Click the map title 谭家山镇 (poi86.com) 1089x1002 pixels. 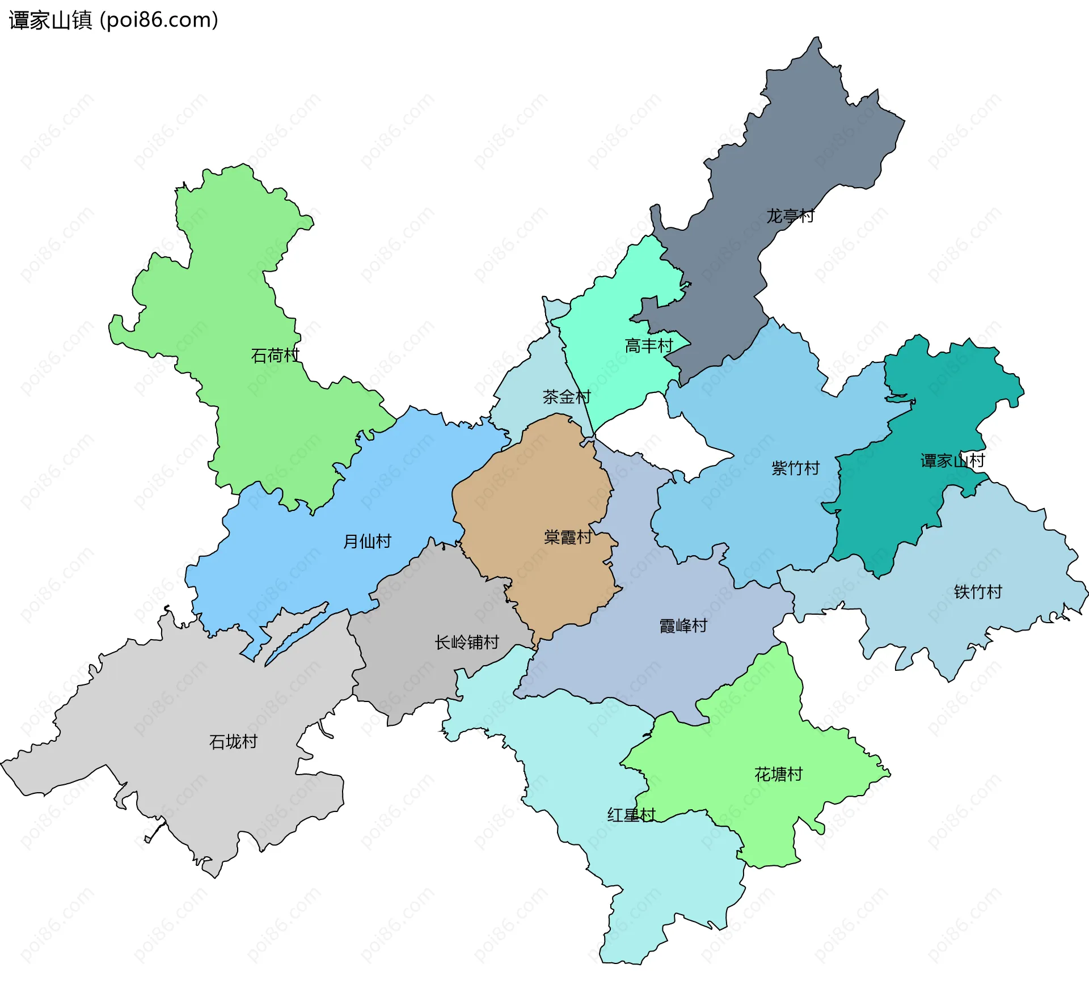click(x=113, y=20)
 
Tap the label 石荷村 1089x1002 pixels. click(x=275, y=356)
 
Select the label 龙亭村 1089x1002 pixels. click(x=790, y=216)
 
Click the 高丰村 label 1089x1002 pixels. click(x=649, y=345)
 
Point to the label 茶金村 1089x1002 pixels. click(x=567, y=396)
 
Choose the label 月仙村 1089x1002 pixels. click(x=368, y=541)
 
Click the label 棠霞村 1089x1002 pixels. click(x=568, y=536)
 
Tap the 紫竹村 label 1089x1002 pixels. click(x=796, y=468)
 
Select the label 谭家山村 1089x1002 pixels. click(x=952, y=460)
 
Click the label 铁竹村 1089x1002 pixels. click(x=978, y=591)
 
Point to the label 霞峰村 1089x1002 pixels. click(x=683, y=625)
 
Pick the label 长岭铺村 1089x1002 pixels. click(x=467, y=642)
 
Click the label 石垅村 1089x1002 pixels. click(x=233, y=741)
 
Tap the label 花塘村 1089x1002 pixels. click(x=778, y=774)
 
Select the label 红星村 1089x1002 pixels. click(x=631, y=815)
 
